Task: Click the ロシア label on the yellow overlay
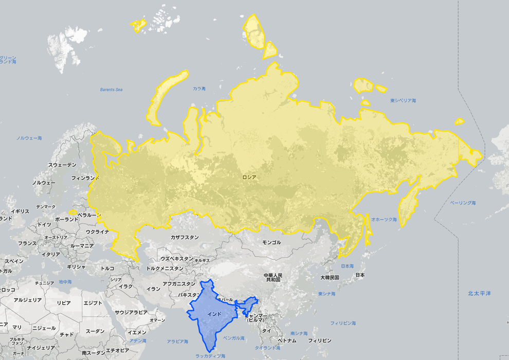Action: click(x=249, y=177)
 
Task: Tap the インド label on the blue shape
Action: click(x=214, y=313)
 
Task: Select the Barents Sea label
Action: click(x=111, y=90)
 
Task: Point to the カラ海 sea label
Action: click(x=199, y=89)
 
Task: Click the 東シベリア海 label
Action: click(x=403, y=101)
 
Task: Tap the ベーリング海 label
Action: click(x=463, y=203)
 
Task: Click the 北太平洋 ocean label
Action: click(x=479, y=293)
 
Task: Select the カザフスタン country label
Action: click(x=185, y=238)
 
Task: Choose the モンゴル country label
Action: click(x=272, y=242)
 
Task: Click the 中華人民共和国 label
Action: click(x=272, y=278)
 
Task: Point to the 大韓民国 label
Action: click(x=330, y=277)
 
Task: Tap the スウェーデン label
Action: click(x=62, y=165)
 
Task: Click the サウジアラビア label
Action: click(x=131, y=312)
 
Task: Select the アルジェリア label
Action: click(x=27, y=300)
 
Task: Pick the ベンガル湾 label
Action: click(x=234, y=338)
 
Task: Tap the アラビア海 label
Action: click(x=178, y=341)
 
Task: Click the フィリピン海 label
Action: click(x=343, y=323)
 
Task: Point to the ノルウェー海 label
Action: click(x=29, y=138)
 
